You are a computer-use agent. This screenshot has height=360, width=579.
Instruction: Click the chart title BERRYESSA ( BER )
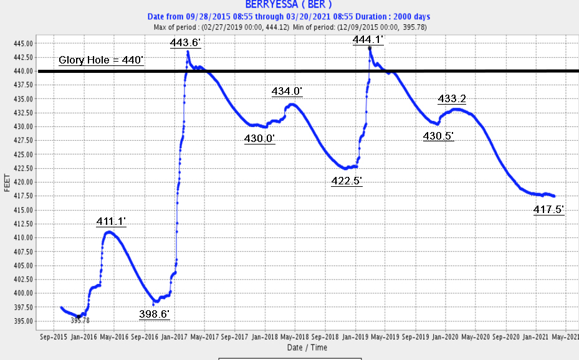[x=284, y=4]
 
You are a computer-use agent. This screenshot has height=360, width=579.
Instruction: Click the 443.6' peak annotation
[x=185, y=42]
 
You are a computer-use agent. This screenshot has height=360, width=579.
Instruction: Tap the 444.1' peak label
[x=368, y=40]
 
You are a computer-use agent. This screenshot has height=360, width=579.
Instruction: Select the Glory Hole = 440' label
[x=101, y=61]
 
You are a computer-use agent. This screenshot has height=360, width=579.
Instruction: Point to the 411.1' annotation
[x=111, y=221]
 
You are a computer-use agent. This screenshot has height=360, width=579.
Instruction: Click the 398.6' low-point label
[x=154, y=314]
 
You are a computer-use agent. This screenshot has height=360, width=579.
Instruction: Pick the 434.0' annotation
[x=287, y=92]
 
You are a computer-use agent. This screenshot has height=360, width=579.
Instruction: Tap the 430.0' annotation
[x=259, y=138]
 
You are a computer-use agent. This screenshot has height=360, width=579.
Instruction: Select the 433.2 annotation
[x=452, y=98]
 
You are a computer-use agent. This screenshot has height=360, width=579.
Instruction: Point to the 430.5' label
[x=438, y=136]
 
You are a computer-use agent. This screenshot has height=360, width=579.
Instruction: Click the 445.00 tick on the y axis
[x=27, y=44]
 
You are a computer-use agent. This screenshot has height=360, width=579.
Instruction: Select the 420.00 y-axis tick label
[x=27, y=182]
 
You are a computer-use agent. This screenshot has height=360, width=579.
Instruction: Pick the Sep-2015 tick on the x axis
[x=53, y=337]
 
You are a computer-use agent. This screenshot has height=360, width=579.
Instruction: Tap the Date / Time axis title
[x=307, y=348]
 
